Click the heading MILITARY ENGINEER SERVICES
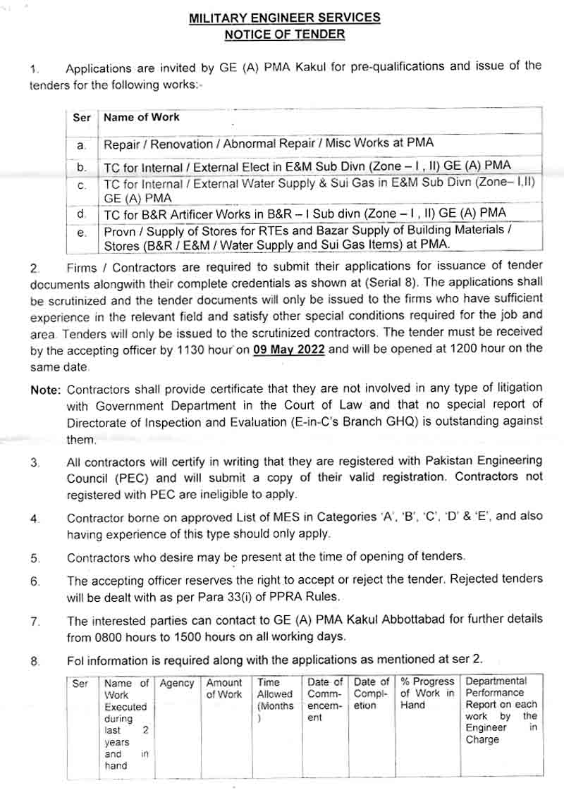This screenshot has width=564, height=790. [284, 18]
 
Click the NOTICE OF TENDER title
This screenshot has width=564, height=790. [284, 33]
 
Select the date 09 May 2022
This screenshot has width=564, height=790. [289, 349]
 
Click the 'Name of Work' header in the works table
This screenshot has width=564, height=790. [141, 118]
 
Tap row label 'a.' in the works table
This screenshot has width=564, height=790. [82, 145]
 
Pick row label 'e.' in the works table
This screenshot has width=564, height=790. [82, 233]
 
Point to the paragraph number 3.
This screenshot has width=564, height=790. [35, 463]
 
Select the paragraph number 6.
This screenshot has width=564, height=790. [35, 581]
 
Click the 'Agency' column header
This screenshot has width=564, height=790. [177, 683]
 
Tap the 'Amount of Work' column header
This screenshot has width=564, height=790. [224, 689]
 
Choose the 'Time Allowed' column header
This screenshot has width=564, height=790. [275, 694]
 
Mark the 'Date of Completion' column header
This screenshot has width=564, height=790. [371, 693]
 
